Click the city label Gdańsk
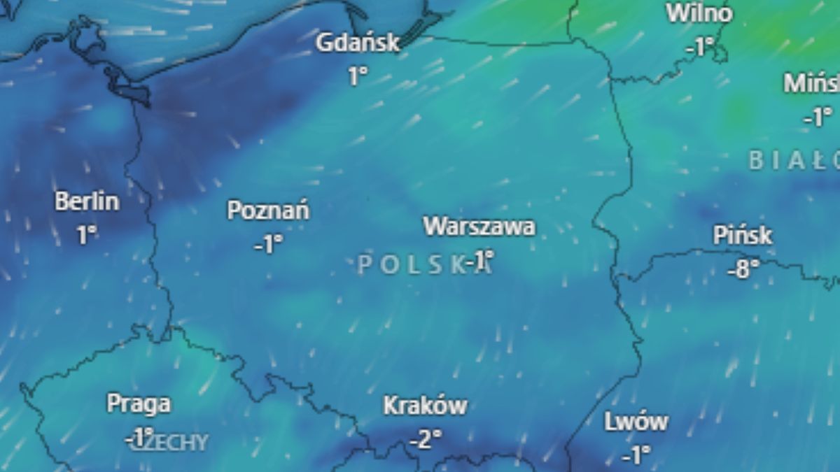coord(357,43)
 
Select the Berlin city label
coord(87,202)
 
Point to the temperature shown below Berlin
coord(87,235)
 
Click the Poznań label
coord(269,210)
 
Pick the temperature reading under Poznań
coord(269,244)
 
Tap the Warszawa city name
coord(479,227)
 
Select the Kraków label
coord(425,406)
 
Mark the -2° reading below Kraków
coord(425,439)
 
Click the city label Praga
coord(139,403)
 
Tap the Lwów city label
coord(636,422)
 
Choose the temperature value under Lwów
coord(636,456)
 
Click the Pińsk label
coord(743,235)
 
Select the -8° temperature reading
coord(743,269)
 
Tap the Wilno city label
coord(699,13)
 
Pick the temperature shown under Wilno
coord(699,47)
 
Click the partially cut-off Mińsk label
coord(812,84)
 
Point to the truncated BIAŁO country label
coord(794,161)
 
